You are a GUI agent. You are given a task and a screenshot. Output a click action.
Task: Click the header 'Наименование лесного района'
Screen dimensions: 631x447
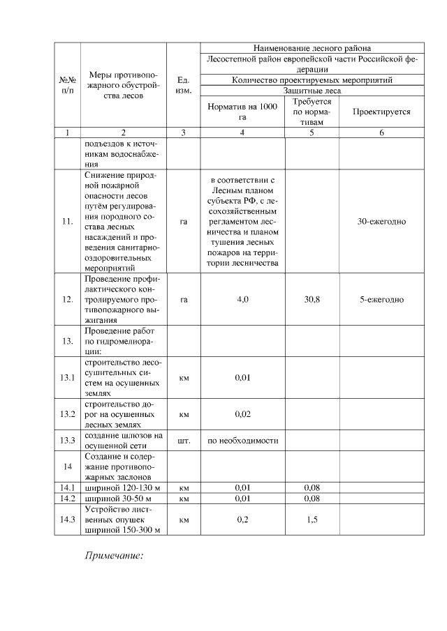point(312,49)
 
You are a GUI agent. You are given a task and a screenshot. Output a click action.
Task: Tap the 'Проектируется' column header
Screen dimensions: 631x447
point(381,112)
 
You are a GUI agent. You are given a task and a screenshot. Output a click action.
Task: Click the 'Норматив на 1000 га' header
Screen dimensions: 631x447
point(242,112)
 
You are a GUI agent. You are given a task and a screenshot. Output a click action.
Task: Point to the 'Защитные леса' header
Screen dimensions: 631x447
point(312,91)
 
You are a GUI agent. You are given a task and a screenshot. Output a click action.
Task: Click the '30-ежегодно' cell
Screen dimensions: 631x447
point(381,221)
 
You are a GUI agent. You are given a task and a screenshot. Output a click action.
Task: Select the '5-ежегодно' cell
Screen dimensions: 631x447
point(381,299)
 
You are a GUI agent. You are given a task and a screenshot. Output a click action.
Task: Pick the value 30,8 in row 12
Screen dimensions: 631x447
point(312,299)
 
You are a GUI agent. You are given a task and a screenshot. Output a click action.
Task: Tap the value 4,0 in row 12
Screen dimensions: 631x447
point(242,299)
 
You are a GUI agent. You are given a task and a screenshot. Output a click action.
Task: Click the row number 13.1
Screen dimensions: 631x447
point(68,378)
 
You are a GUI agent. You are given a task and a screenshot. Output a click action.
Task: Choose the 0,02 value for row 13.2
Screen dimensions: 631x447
point(242,414)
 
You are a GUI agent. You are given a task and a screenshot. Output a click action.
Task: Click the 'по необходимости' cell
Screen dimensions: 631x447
point(242,441)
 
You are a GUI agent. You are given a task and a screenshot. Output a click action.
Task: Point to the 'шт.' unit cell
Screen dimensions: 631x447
point(184,441)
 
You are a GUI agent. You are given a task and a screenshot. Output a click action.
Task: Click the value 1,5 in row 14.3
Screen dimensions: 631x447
point(312,519)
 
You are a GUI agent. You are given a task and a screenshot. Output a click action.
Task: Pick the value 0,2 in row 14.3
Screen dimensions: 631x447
point(242,519)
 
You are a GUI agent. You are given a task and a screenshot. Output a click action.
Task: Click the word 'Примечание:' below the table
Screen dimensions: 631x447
point(114,556)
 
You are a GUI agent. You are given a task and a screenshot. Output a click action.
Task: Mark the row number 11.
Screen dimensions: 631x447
point(68,221)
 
